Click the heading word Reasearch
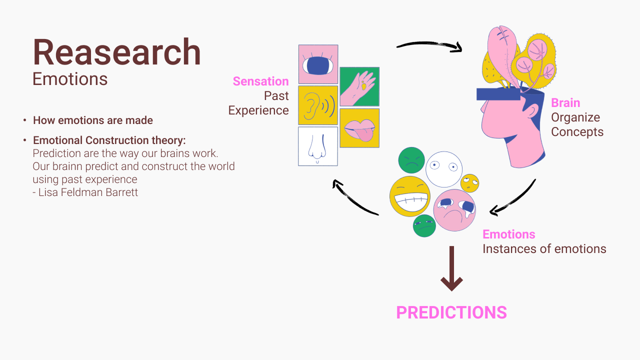(116, 52)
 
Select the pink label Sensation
(260, 81)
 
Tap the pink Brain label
(565, 103)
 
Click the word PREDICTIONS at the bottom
(451, 312)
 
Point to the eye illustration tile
(318, 64)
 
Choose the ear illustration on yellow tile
(318, 105)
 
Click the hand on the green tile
(359, 86)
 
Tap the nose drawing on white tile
(318, 146)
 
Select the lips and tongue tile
(359, 128)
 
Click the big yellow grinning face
(410, 196)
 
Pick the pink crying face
(454, 210)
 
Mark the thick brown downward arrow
(451, 268)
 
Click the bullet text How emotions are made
(93, 120)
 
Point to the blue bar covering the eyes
(498, 94)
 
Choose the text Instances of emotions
(544, 249)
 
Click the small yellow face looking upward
(469, 183)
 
